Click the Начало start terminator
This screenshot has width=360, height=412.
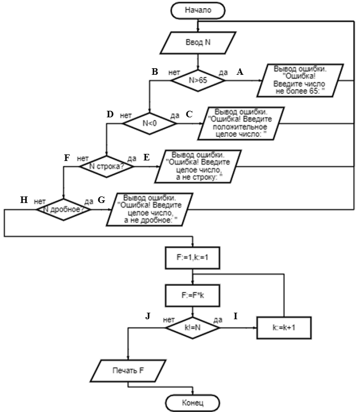click(x=197, y=9)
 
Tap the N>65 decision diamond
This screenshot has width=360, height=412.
click(x=197, y=80)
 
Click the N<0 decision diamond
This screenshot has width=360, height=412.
click(x=149, y=123)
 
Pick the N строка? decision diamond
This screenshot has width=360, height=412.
click(x=107, y=166)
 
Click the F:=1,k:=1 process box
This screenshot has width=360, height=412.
click(x=192, y=259)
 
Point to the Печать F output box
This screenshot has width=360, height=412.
click(x=128, y=371)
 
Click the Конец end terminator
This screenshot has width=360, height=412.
click(x=192, y=403)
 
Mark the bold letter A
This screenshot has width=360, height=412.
click(x=238, y=71)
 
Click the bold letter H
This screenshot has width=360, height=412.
click(x=23, y=200)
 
